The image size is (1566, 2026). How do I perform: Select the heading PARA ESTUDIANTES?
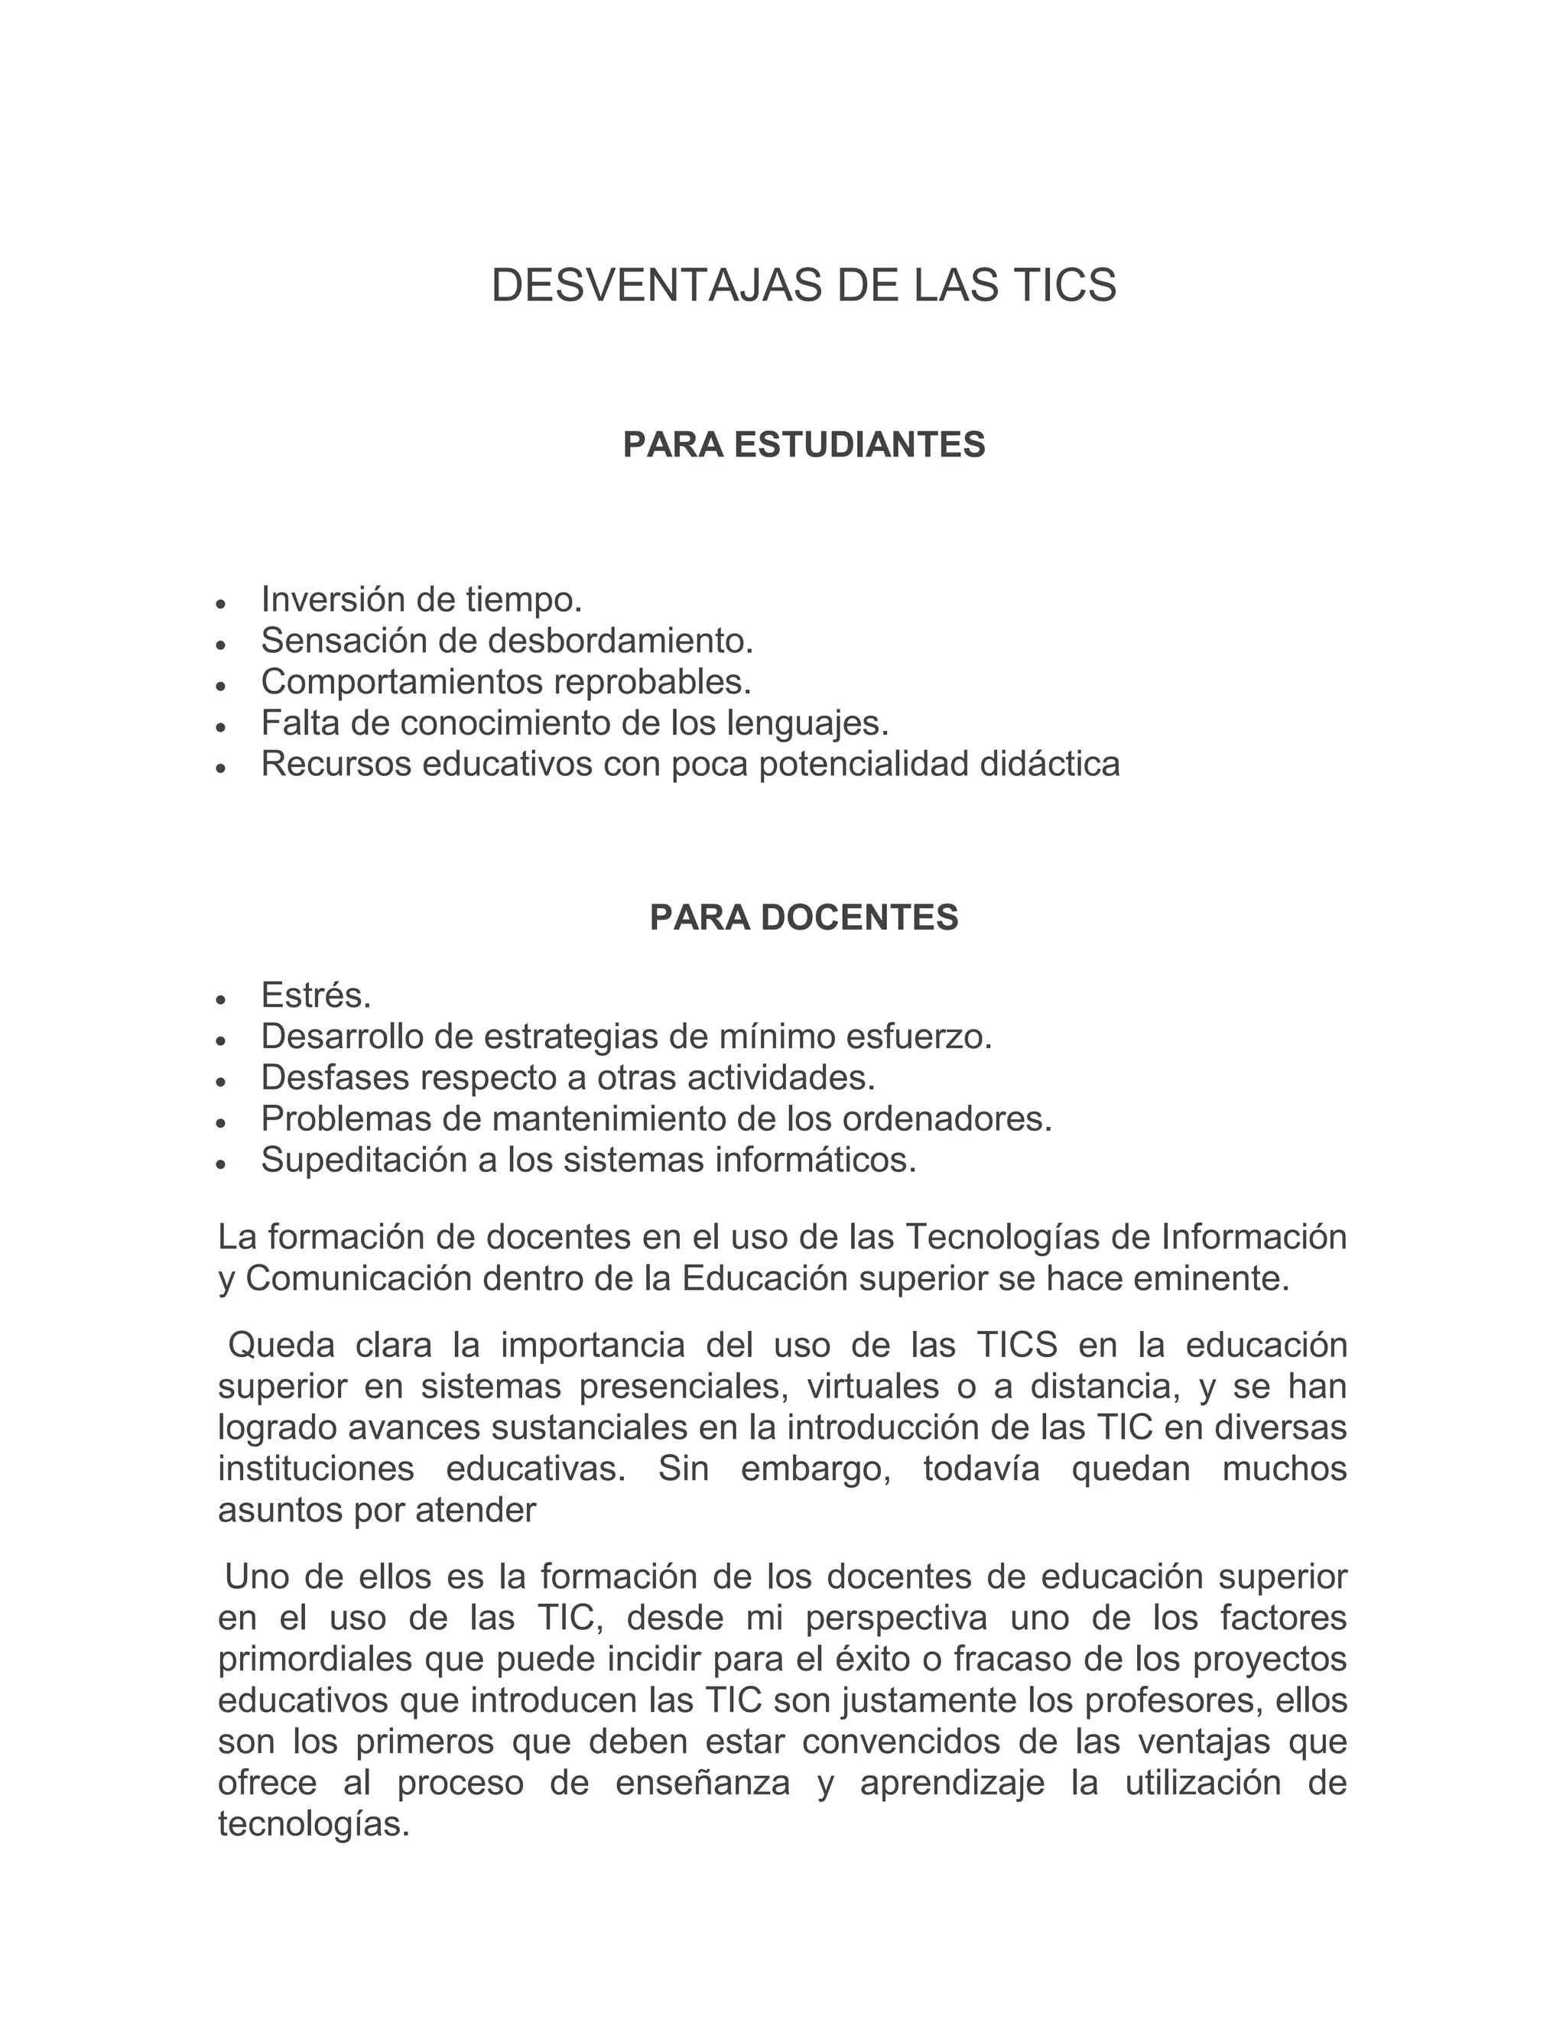(804, 445)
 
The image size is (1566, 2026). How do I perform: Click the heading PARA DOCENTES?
(804, 917)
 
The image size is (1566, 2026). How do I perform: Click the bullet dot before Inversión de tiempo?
(220, 604)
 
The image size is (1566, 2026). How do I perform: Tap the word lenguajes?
(807, 722)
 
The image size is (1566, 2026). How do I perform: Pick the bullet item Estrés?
(316, 995)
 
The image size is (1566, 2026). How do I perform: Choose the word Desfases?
(334, 1078)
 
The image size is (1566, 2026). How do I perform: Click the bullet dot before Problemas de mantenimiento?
(220, 1122)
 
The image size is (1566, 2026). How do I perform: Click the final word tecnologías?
(314, 1825)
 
